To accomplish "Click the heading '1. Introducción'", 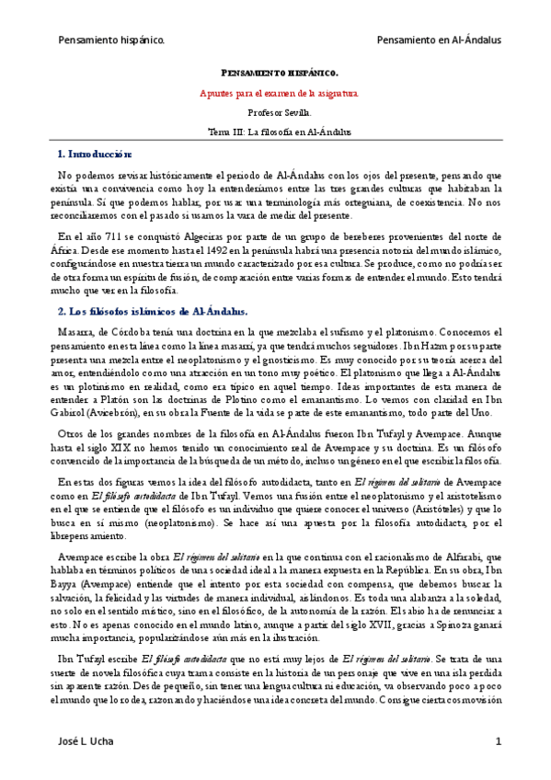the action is pos(95,154).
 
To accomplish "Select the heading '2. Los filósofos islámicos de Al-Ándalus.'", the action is pos(153,312).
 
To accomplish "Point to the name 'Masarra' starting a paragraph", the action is pos(77,333).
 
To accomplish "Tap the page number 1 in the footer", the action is pos(498,741).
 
